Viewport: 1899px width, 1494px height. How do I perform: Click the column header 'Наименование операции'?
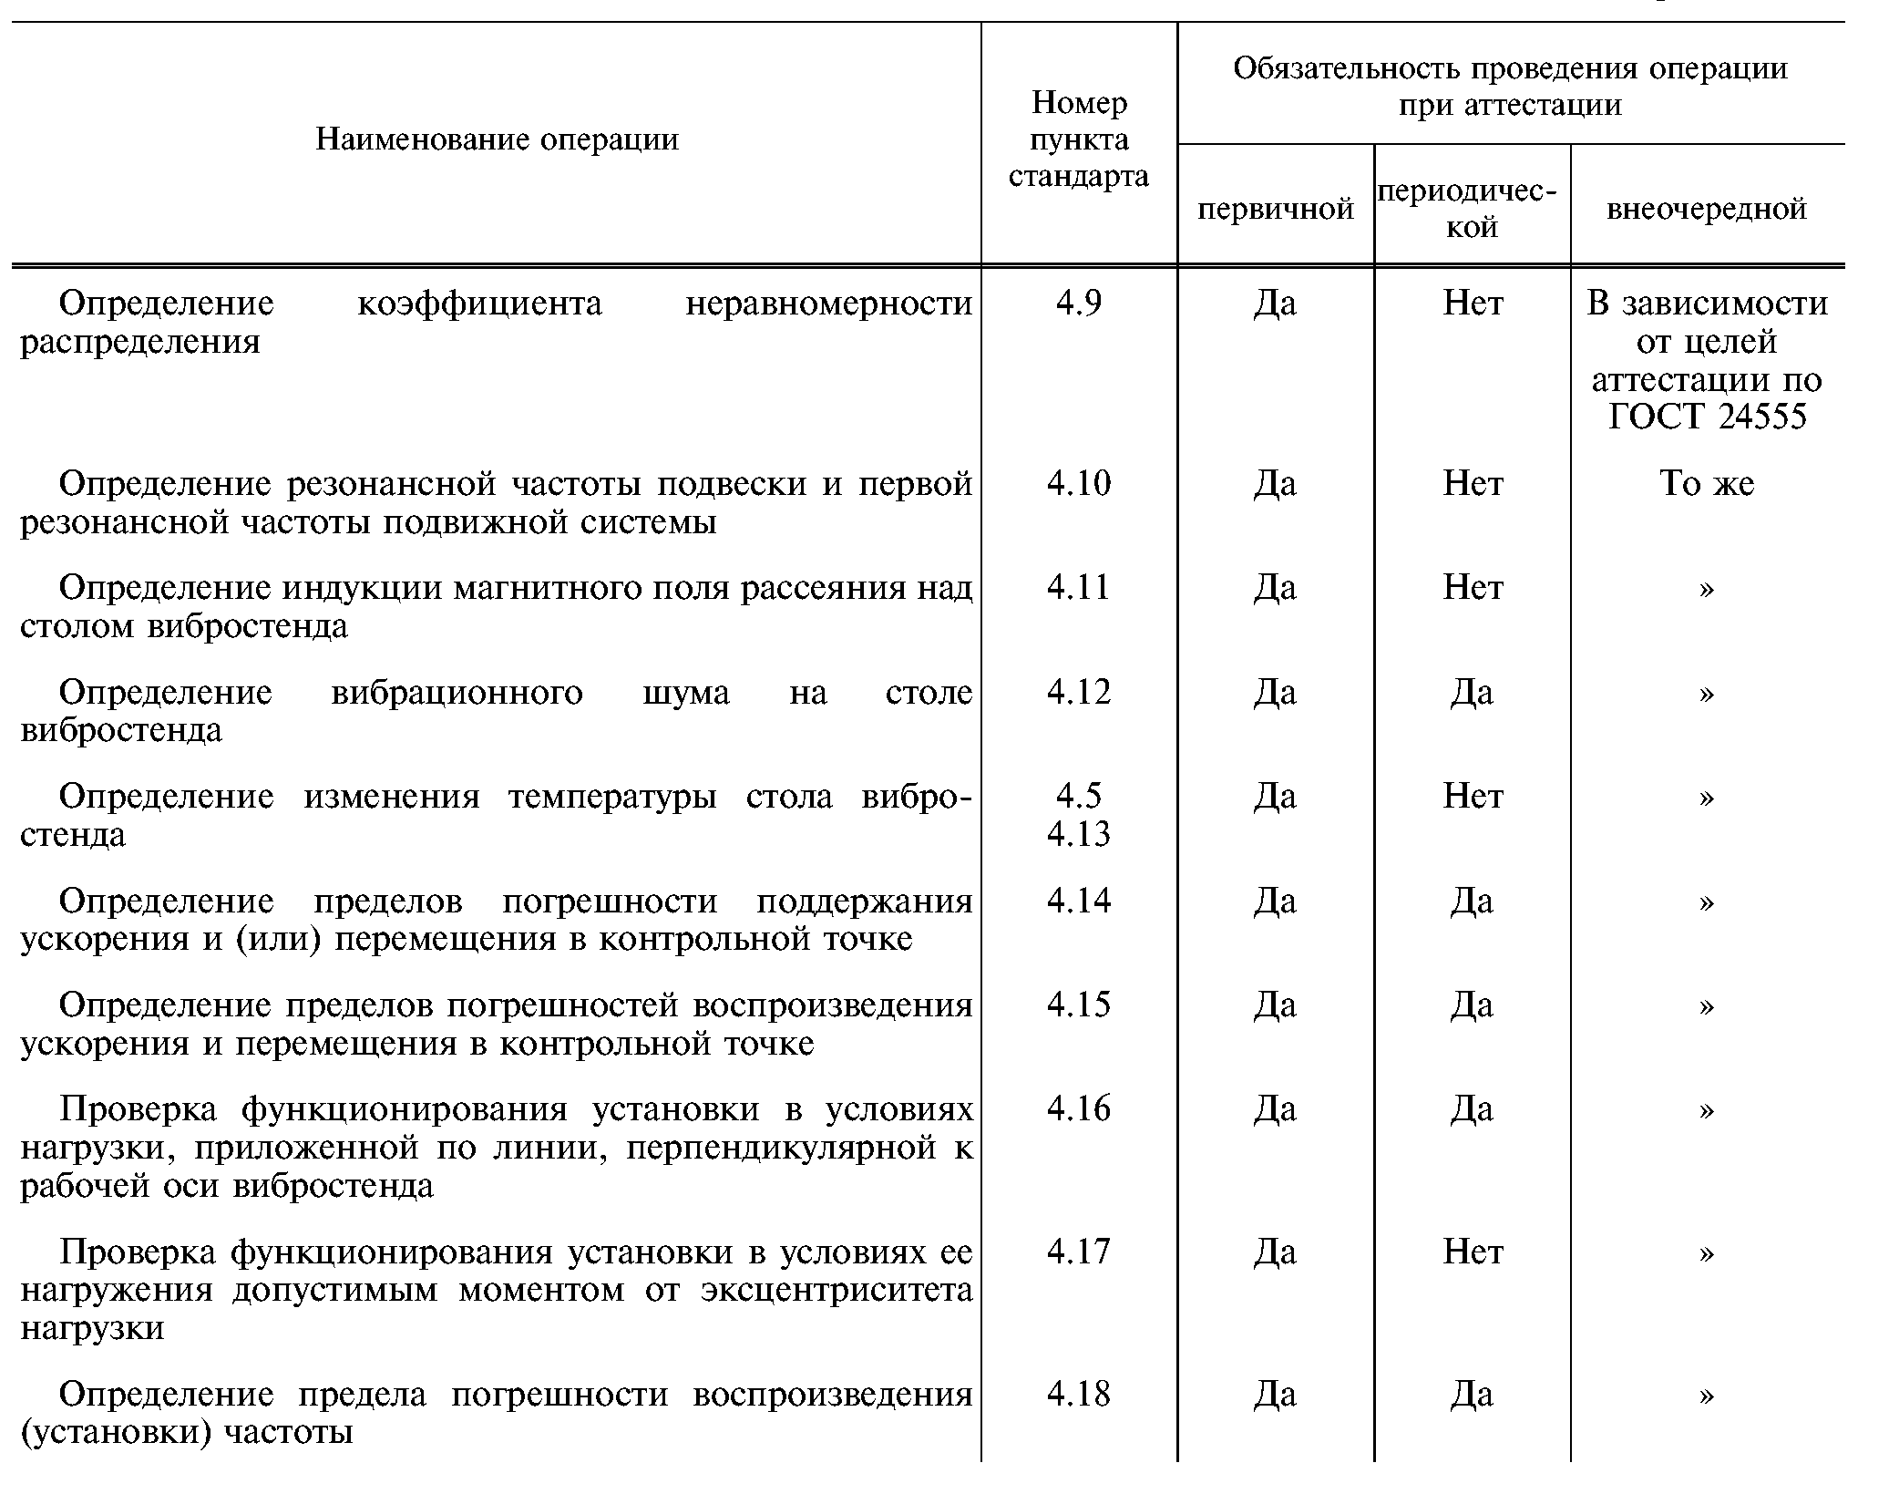(497, 139)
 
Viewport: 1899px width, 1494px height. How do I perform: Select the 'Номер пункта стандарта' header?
(1079, 139)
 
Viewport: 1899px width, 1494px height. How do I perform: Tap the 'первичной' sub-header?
(1275, 210)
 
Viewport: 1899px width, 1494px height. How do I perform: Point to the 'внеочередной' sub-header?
(1706, 209)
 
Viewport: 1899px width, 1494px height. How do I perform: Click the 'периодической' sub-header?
(1472, 209)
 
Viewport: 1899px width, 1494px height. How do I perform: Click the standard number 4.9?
(1079, 303)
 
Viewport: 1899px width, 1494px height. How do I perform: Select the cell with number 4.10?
(1079, 483)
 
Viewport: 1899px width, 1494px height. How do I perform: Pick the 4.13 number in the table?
(1079, 834)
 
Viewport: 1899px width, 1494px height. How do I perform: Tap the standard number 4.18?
(1079, 1394)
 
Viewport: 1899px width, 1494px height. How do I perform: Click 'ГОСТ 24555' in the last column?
(1706, 417)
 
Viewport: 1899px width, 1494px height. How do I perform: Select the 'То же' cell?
(1706, 483)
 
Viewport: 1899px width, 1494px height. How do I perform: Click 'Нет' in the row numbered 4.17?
(1473, 1252)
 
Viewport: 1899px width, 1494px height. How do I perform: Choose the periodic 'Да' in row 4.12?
(1472, 692)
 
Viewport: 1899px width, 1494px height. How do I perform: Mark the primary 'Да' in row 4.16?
(1275, 1108)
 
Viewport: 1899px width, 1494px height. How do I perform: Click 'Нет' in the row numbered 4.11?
(1473, 587)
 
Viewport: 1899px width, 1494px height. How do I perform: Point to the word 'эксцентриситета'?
(837, 1291)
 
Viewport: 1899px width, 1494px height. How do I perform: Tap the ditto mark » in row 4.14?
(1706, 902)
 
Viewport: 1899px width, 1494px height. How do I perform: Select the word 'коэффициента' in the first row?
(479, 303)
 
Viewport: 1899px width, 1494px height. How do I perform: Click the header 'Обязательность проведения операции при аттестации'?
(1510, 87)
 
